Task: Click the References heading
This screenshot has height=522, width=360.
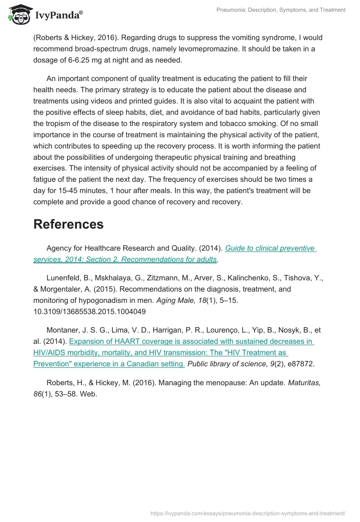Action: pyautogui.click(x=68, y=224)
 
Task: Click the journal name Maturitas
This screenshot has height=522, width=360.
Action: pyautogui.click(x=306, y=382)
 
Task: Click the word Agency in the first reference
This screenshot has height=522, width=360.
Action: pyautogui.click(x=59, y=248)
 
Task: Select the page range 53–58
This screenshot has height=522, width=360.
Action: pyautogui.click(x=67, y=394)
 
